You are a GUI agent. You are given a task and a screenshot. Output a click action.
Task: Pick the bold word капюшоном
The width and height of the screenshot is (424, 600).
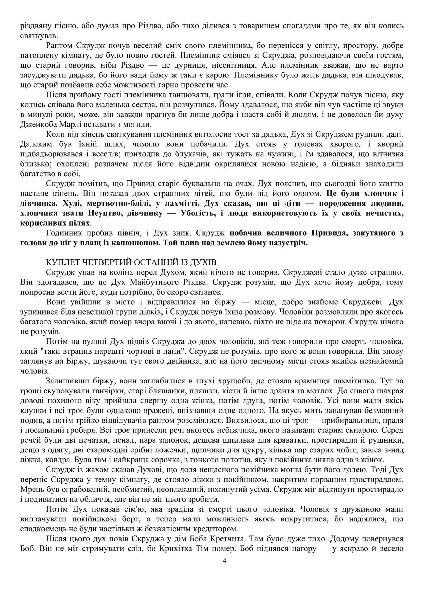[138, 243]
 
